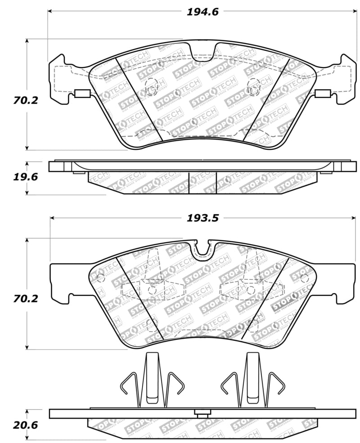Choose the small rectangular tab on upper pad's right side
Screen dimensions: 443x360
tap(323, 94)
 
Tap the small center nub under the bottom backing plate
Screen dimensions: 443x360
tap(202, 412)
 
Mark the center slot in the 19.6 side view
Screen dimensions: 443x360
tap(202, 183)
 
